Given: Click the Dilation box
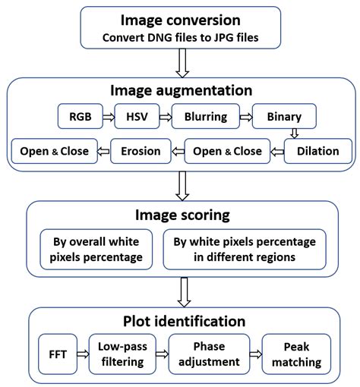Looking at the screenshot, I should coord(317,151).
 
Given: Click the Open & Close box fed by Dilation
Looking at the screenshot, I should coord(226,151).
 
